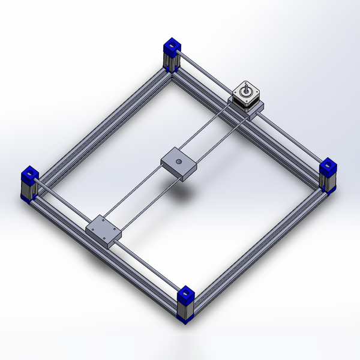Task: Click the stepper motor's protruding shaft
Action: [245, 89]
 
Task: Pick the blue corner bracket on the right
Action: [328, 167]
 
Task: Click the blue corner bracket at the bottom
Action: [185, 296]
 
